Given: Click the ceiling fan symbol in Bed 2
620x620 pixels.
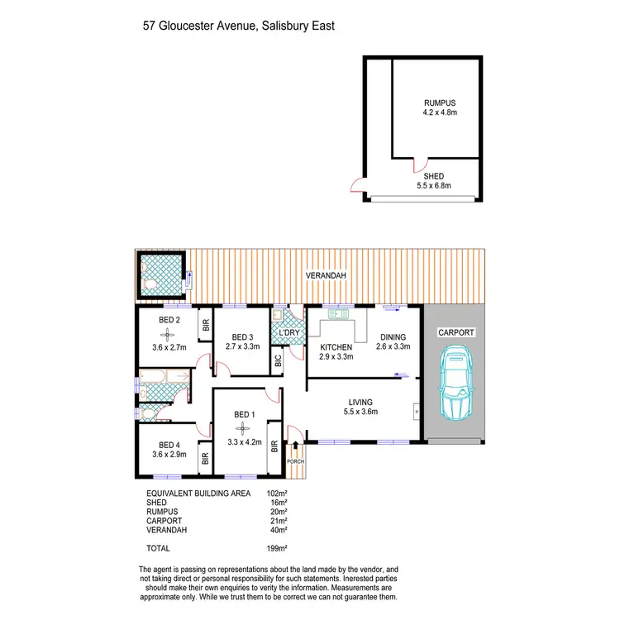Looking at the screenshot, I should click(x=168, y=334).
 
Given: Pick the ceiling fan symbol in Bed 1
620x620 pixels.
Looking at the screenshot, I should click(x=242, y=427).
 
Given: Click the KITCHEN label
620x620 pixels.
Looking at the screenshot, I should click(x=336, y=347).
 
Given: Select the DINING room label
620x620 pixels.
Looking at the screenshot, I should click(x=393, y=336).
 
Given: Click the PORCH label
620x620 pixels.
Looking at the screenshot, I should click(x=295, y=461).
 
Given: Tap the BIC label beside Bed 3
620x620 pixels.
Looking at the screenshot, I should click(x=278, y=360).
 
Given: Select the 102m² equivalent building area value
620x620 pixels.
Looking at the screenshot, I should click(x=276, y=493).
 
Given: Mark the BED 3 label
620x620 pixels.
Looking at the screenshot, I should click(x=241, y=336).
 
